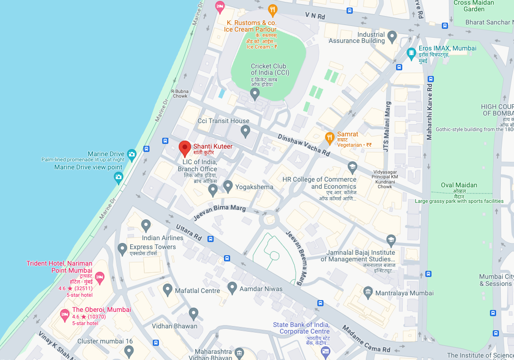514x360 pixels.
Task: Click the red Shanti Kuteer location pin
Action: [185, 148]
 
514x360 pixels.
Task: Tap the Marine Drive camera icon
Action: [132, 154]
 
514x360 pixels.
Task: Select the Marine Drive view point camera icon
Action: [118, 177]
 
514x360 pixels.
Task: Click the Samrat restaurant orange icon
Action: [330, 137]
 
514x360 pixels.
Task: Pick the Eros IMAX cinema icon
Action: [411, 51]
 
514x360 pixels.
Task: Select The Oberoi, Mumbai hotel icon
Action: [65, 314]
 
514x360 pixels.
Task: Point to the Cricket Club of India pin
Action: [255, 93]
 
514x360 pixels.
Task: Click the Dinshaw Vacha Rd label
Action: [304, 145]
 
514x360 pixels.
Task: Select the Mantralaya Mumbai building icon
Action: [368, 293]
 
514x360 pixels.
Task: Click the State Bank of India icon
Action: [325, 351]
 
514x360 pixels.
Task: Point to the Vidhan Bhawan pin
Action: [193, 313]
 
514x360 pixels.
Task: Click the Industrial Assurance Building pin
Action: [392, 36]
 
